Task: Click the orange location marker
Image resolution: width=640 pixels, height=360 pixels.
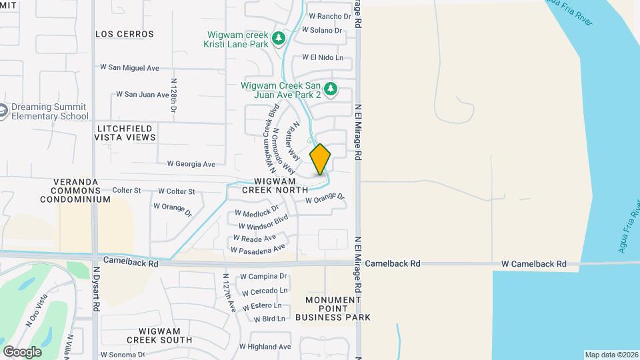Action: (x=320, y=159)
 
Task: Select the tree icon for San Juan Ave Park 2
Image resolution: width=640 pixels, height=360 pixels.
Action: (x=331, y=89)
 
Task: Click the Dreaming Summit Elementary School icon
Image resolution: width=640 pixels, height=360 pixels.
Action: (x=3, y=111)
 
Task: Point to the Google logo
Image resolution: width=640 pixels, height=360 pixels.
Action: (x=22, y=351)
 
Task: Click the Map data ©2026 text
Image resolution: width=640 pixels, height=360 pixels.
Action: (x=611, y=355)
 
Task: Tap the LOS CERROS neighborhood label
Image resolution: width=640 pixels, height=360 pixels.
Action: (x=125, y=34)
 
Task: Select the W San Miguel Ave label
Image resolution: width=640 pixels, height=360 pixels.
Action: (x=129, y=67)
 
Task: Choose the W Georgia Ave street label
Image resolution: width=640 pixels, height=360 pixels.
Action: (x=191, y=163)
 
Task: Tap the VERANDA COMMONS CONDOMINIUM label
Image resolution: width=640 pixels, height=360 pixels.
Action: (x=75, y=191)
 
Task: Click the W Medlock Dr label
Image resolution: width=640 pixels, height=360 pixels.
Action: (x=256, y=211)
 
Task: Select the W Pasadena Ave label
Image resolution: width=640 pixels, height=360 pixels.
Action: (x=258, y=248)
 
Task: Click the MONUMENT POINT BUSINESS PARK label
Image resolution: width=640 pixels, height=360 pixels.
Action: (x=337, y=309)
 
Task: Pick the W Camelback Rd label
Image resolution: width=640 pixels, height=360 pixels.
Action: (x=534, y=264)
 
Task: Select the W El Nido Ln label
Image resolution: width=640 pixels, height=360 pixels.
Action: (x=323, y=58)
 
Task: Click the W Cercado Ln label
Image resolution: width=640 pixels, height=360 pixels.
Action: (x=265, y=291)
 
